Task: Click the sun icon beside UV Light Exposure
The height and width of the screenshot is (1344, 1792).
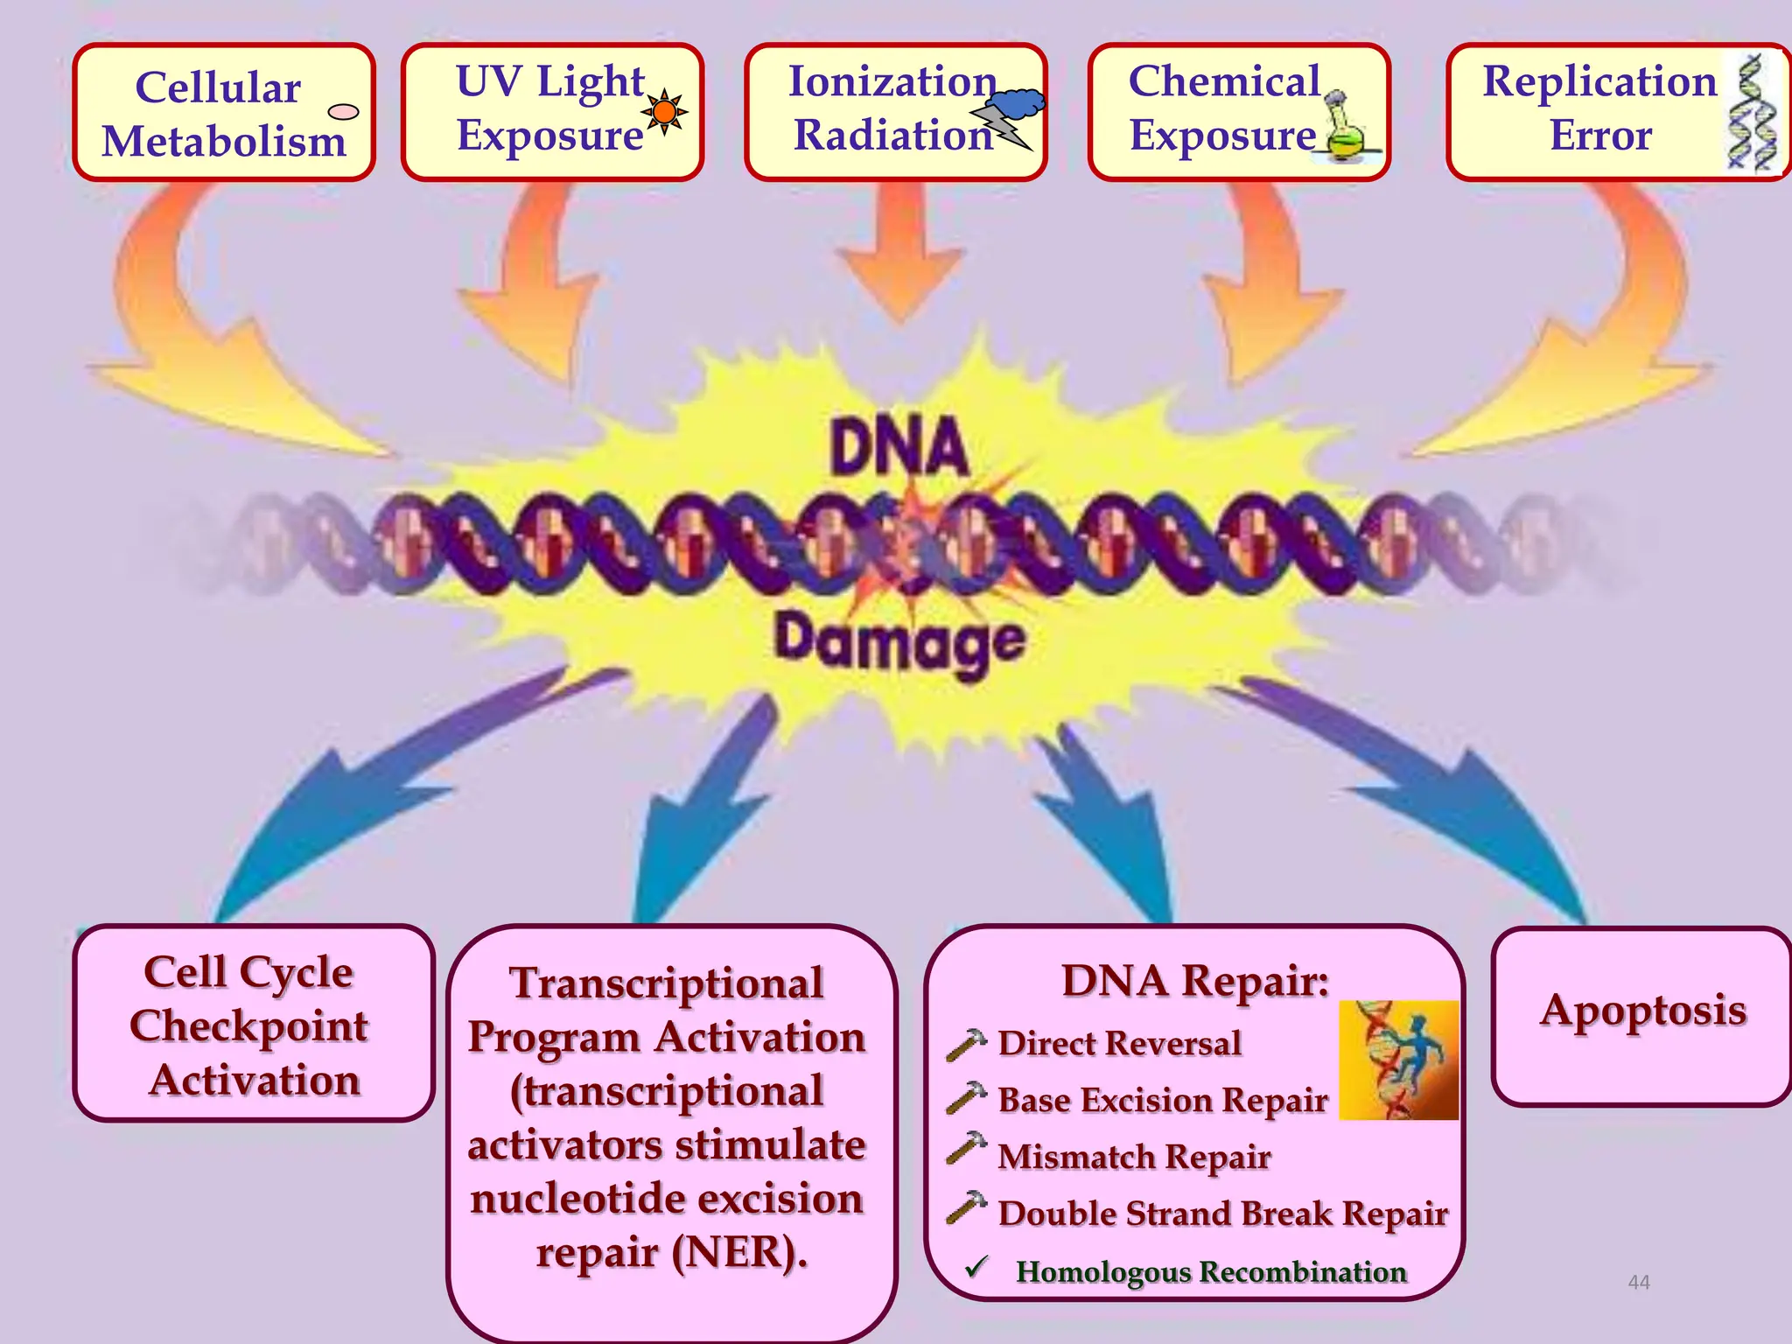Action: (665, 111)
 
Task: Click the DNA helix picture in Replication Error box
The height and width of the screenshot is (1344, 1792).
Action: (1753, 112)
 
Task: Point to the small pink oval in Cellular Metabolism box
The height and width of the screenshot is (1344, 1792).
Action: (343, 111)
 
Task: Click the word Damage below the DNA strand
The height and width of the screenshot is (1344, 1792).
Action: (899, 641)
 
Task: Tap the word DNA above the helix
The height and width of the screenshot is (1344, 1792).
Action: (899, 448)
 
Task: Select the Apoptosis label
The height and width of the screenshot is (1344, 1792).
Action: (1642, 1011)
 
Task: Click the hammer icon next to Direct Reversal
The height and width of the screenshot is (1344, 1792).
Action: (966, 1044)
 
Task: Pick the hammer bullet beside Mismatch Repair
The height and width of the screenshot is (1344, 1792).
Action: (966, 1149)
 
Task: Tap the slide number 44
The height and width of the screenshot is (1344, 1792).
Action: (1638, 1282)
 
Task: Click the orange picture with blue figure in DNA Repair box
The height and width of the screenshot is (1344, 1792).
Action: (1398, 1060)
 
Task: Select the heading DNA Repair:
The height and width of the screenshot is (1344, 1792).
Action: (1194, 981)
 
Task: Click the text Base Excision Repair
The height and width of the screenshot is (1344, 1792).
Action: (1162, 1100)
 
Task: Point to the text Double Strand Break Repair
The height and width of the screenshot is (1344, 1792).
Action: (1222, 1214)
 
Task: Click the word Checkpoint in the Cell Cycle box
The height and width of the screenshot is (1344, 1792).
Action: (249, 1026)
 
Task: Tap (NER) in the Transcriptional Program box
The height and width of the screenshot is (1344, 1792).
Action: (738, 1252)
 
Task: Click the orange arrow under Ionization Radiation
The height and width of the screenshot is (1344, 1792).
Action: (899, 254)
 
